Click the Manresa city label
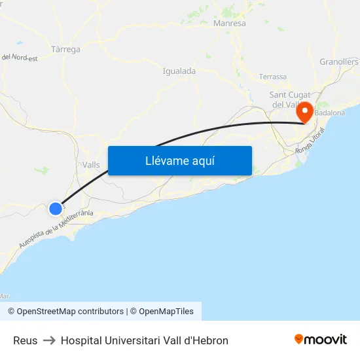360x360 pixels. [230, 24]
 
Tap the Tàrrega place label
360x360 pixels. [65, 49]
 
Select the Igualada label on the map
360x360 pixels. [179, 71]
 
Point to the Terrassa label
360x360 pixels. [272, 77]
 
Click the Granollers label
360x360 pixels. [338, 62]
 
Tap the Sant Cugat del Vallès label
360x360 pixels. [290, 99]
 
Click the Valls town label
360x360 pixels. [92, 165]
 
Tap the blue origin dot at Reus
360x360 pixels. [56, 209]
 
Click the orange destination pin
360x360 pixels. [304, 112]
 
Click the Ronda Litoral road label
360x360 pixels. [310, 143]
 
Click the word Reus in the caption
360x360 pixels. [26, 340]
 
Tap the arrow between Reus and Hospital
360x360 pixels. [49, 340]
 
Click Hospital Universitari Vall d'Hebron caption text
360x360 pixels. [145, 340]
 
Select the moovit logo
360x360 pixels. [321, 339]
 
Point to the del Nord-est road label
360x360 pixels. [20, 57]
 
